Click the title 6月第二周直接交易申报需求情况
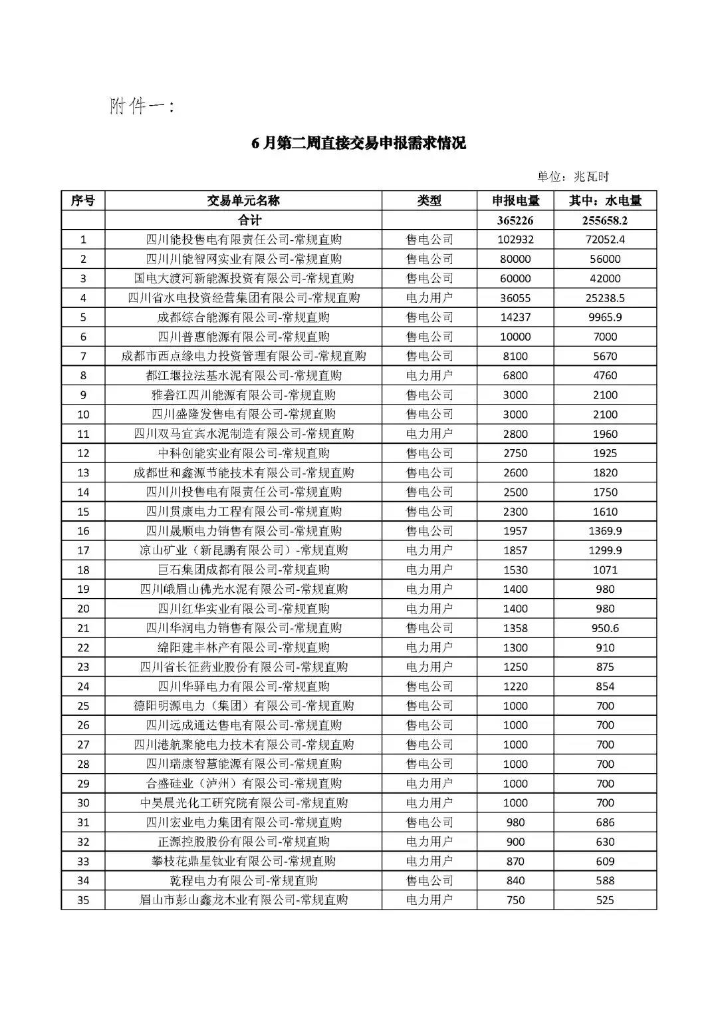[358, 143]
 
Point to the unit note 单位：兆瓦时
[573, 176]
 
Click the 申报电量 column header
[515, 201]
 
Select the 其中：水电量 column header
[605, 201]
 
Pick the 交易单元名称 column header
[243, 201]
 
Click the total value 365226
[515, 220]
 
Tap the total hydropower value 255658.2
[605, 220]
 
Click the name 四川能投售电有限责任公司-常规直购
[243, 240]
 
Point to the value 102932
[515, 240]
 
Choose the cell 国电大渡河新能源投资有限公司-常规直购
[243, 278]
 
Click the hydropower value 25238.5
[605, 297]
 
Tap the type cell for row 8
[429, 375]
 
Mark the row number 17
[83, 550]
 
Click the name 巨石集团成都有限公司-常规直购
[243, 570]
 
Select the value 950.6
[605, 628]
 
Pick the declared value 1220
[515, 686]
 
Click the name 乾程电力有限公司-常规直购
[243, 880]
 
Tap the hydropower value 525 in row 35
[605, 900]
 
